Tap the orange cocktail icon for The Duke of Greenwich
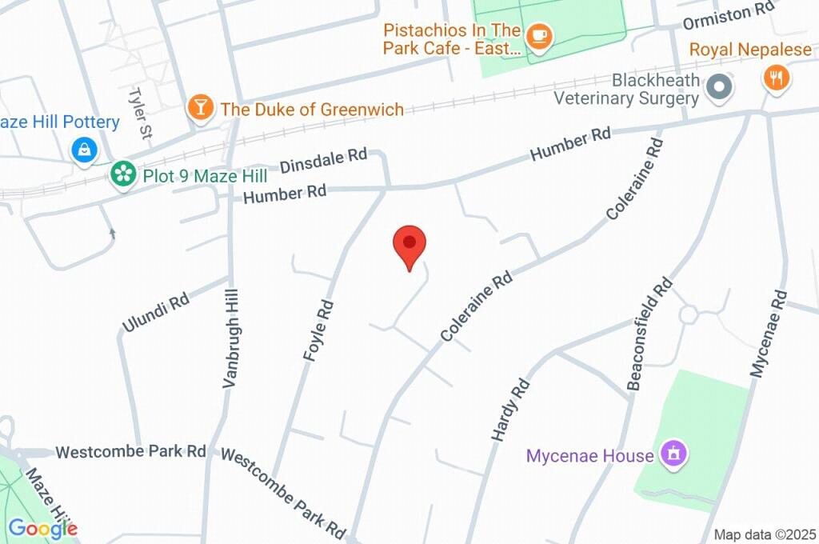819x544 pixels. click(201, 108)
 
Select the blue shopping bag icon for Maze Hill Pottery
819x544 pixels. click(84, 149)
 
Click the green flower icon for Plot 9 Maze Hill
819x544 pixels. click(122, 174)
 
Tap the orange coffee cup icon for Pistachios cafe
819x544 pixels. click(540, 37)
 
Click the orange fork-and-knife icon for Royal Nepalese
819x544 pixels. click(777, 78)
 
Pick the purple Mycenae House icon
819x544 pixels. click(674, 454)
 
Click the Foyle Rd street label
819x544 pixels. click(319, 330)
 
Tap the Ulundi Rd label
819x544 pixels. click(155, 313)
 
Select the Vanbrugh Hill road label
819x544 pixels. click(230, 340)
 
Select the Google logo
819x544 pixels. click(43, 528)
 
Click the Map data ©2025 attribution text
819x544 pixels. click(765, 534)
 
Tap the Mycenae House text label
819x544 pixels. click(590, 457)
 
